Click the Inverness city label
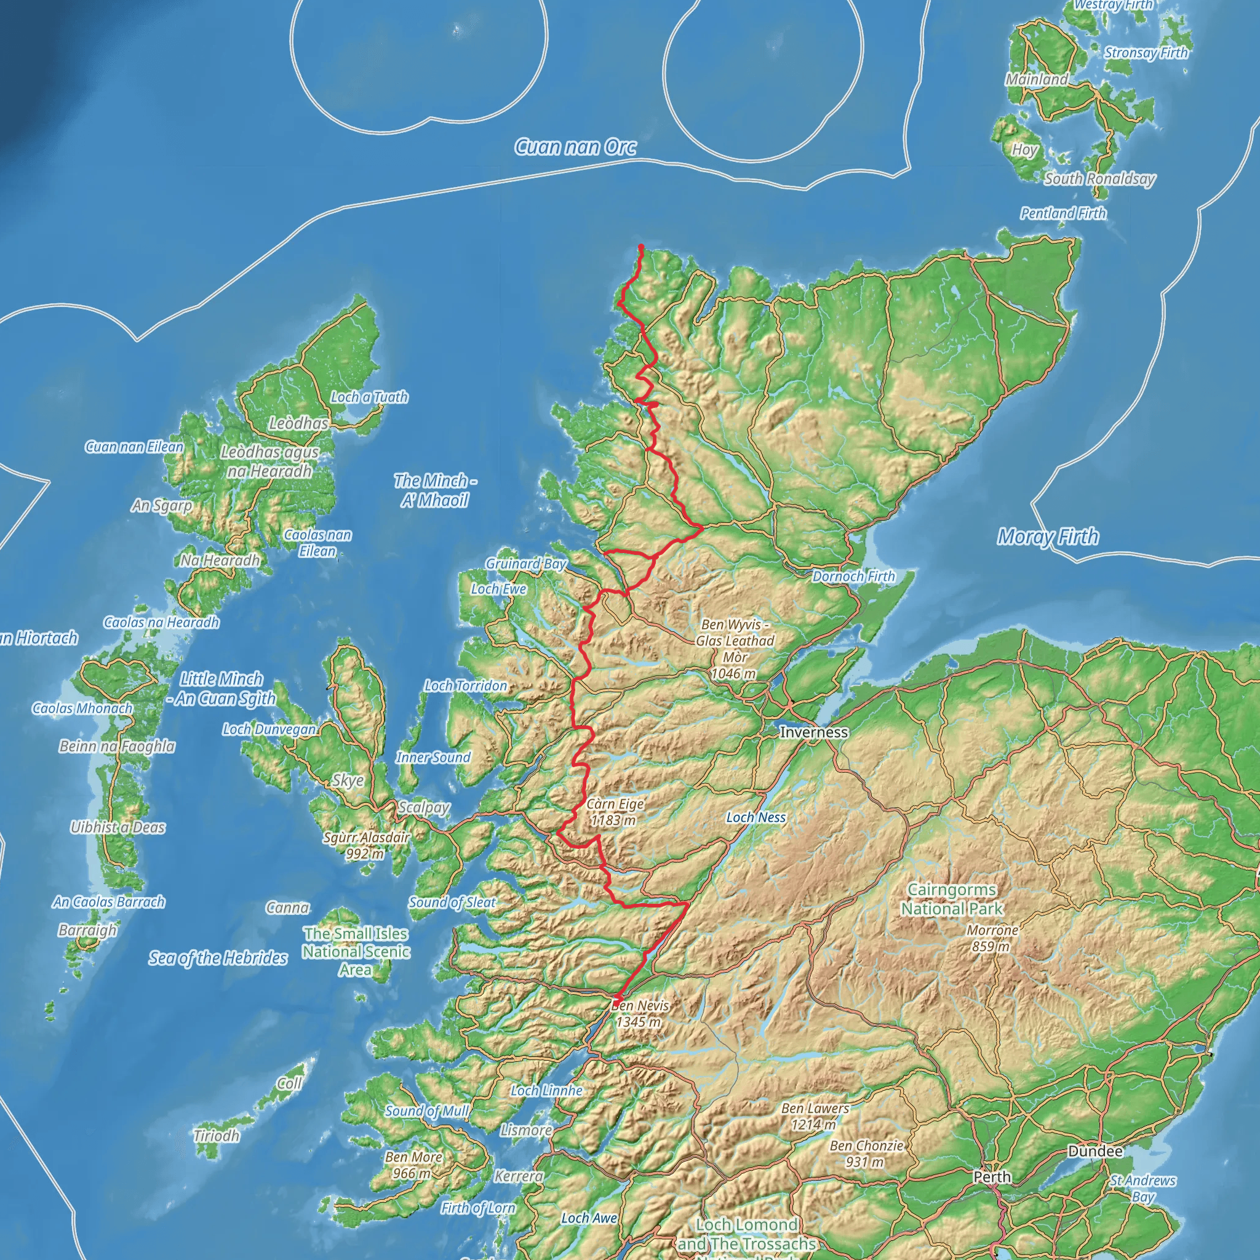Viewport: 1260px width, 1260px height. click(814, 732)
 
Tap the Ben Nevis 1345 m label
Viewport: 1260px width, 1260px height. click(640, 1013)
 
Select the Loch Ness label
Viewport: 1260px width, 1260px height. click(756, 817)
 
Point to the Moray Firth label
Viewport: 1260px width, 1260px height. click(1047, 536)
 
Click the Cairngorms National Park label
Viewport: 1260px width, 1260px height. click(952, 899)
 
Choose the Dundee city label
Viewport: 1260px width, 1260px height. click(1095, 1151)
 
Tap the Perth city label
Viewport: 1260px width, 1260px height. click(992, 1176)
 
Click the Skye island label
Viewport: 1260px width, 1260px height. click(348, 780)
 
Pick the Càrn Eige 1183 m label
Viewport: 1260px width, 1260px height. click(615, 812)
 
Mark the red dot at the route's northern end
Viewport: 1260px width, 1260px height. click(641, 247)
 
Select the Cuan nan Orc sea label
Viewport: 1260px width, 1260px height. click(575, 148)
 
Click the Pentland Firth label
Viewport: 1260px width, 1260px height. click(1063, 213)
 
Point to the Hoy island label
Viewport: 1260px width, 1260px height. click(1024, 150)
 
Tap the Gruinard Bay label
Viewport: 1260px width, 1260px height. click(525, 564)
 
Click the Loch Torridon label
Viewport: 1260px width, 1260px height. click(466, 685)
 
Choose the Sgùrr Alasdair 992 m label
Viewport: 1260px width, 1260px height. click(366, 845)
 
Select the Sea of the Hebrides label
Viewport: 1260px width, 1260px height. click(218, 957)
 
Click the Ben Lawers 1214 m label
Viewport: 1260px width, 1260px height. click(815, 1116)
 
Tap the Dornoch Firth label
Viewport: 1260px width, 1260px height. click(853, 576)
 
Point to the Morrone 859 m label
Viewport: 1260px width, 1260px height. click(992, 938)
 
